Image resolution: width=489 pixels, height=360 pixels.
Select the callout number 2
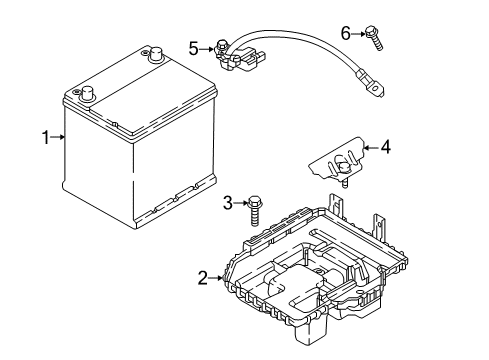click(203, 277)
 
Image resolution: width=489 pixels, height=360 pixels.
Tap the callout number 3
click(228, 203)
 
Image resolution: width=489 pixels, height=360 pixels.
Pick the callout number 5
click(194, 46)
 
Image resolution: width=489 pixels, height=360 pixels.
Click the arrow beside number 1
click(59, 138)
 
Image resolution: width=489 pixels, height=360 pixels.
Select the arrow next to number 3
click(240, 203)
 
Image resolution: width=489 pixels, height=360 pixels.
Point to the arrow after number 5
click(207, 46)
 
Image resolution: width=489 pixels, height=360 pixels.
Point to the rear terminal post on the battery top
click(154, 56)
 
